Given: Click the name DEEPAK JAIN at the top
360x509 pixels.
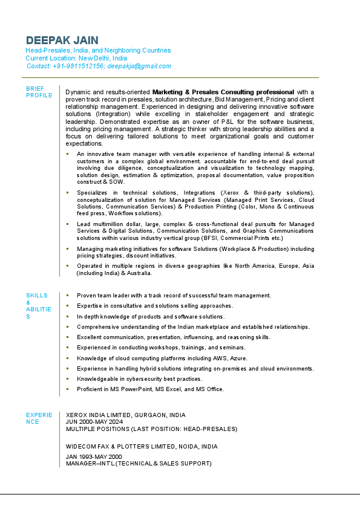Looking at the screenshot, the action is click(62, 40).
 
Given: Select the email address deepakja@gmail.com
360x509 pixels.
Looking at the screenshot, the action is click(139, 66).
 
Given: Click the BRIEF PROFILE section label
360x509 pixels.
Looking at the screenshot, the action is click(39, 92).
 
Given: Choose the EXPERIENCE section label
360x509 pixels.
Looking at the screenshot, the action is click(39, 418).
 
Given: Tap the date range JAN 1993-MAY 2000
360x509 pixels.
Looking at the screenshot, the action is click(94, 456).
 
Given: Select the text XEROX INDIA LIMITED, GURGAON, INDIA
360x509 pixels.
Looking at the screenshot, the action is click(126, 415).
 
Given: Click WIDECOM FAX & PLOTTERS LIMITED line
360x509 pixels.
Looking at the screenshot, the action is click(142, 446).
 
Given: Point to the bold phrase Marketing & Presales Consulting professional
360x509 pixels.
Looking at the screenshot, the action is click(223, 92).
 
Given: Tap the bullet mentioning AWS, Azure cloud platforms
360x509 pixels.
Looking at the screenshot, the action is click(162, 358).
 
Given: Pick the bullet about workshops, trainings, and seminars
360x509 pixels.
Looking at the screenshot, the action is click(161, 348).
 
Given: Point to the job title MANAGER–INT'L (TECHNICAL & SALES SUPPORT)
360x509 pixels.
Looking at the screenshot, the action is click(139, 464).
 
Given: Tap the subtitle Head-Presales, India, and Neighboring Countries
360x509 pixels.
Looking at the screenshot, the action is click(98, 50).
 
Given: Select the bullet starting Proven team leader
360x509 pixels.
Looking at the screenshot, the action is click(174, 296).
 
